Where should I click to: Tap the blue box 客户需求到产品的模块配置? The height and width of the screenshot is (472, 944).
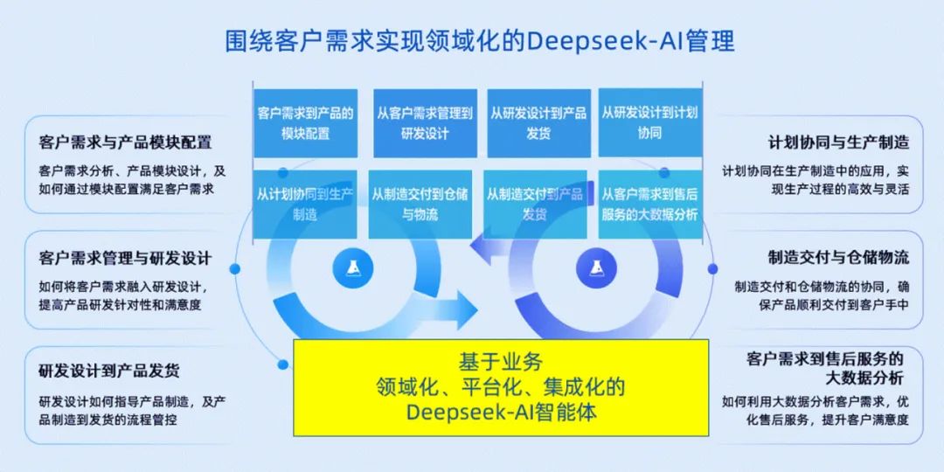click(x=304, y=123)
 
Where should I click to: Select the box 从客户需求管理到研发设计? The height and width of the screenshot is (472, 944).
click(x=425, y=123)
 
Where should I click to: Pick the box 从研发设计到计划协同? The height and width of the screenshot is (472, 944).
click(x=649, y=123)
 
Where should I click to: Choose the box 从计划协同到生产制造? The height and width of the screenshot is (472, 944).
click(x=304, y=204)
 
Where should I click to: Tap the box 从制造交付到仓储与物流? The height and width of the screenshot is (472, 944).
click(x=420, y=204)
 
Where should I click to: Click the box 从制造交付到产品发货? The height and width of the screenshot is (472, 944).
click(x=534, y=204)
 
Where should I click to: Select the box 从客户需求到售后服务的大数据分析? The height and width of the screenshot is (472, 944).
click(x=649, y=204)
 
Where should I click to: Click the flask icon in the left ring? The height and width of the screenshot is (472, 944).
click(x=353, y=268)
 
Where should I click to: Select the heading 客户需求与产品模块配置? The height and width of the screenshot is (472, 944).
click(x=125, y=142)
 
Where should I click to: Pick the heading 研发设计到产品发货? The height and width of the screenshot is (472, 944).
click(x=109, y=371)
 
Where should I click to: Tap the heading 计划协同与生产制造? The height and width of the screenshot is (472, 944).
click(x=838, y=142)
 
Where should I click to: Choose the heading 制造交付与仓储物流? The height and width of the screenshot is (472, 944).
click(x=838, y=258)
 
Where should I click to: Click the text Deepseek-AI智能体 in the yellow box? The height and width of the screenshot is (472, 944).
click(x=502, y=412)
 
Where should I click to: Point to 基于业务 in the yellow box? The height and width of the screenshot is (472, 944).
click(x=502, y=360)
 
